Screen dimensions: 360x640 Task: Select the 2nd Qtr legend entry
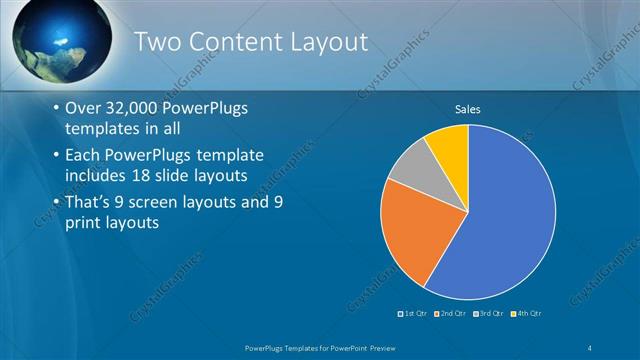click(453, 314)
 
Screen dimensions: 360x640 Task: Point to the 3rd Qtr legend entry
click(489, 314)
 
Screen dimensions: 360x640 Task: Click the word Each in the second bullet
click(83, 156)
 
